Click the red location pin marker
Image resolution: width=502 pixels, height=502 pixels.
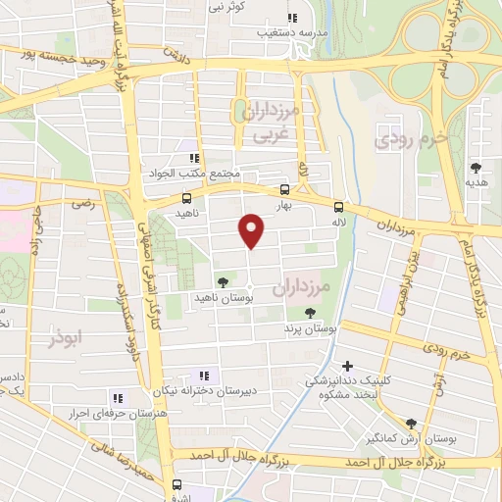click(x=252, y=231)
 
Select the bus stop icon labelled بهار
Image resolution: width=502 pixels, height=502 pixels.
click(x=284, y=190)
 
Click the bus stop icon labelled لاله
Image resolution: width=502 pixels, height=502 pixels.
click(x=338, y=207)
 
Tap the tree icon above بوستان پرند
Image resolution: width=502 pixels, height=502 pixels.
click(x=310, y=313)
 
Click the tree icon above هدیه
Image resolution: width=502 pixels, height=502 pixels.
click(x=477, y=168)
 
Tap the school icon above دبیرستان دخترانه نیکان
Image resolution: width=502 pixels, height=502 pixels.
click(x=205, y=375)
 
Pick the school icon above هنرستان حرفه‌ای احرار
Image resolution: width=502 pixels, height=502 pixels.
click(x=117, y=397)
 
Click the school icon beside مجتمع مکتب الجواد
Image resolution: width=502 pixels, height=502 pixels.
click(x=195, y=158)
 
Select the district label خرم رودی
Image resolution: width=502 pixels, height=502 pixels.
click(x=412, y=139)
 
